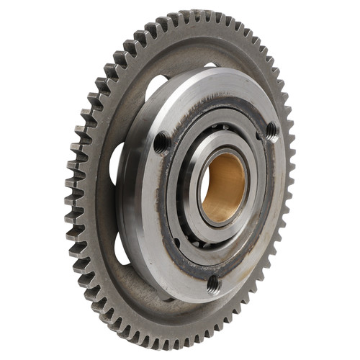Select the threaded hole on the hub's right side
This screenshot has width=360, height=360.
271,130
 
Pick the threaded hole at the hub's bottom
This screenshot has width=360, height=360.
213,284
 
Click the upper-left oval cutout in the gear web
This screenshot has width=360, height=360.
156,88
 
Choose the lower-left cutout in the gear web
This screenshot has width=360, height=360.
123,248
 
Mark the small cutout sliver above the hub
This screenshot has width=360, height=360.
210,66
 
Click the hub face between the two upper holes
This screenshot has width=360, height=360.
216,94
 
